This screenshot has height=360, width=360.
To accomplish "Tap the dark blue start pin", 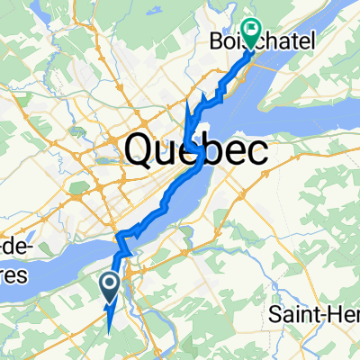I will tap(110, 288).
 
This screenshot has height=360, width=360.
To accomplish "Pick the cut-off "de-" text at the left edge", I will tap(12, 246).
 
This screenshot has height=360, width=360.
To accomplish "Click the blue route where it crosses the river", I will tap(124, 248).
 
